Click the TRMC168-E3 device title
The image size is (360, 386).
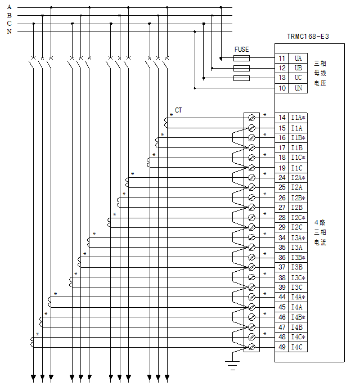point(308,37)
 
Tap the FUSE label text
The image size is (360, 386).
point(241,50)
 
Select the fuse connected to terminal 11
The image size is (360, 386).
point(241,58)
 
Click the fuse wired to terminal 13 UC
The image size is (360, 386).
point(241,78)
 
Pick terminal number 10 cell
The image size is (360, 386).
point(282,88)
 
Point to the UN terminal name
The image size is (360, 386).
point(298,88)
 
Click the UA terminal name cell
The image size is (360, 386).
point(298,58)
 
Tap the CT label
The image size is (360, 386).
point(178,110)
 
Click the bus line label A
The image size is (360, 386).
point(9,7)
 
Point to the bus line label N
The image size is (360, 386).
point(9,32)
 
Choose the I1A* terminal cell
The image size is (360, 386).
point(298,118)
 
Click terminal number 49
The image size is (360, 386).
point(282,347)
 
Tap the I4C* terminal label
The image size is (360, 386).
point(298,337)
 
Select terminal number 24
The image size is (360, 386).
point(282,177)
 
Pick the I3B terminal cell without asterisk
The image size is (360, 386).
point(297,267)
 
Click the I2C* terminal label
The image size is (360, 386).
point(298,217)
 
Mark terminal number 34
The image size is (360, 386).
point(282,237)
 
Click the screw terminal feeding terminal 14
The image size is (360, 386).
point(251,118)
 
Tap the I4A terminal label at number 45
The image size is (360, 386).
point(297,307)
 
